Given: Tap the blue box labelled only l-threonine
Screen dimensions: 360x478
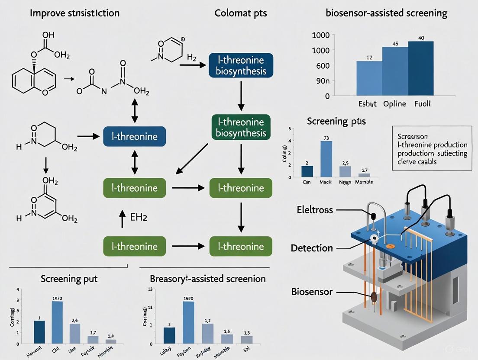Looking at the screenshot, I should pos(134,137).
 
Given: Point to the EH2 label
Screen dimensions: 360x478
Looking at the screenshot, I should pos(139,218).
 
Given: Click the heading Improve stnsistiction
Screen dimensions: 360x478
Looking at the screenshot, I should pos(74,13).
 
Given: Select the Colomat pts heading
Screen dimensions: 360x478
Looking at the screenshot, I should pos(241,13).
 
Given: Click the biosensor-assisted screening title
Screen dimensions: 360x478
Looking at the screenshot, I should pos(386,13).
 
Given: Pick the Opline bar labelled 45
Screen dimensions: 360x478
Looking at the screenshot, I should pos(395,71).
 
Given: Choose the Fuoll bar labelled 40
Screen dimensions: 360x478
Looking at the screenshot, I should pos(420,68).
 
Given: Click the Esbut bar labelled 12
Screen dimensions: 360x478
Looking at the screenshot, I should pos(369,78).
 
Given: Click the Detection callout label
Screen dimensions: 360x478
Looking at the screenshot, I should pos(312,248).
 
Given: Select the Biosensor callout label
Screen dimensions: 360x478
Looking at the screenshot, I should pos(312,292).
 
